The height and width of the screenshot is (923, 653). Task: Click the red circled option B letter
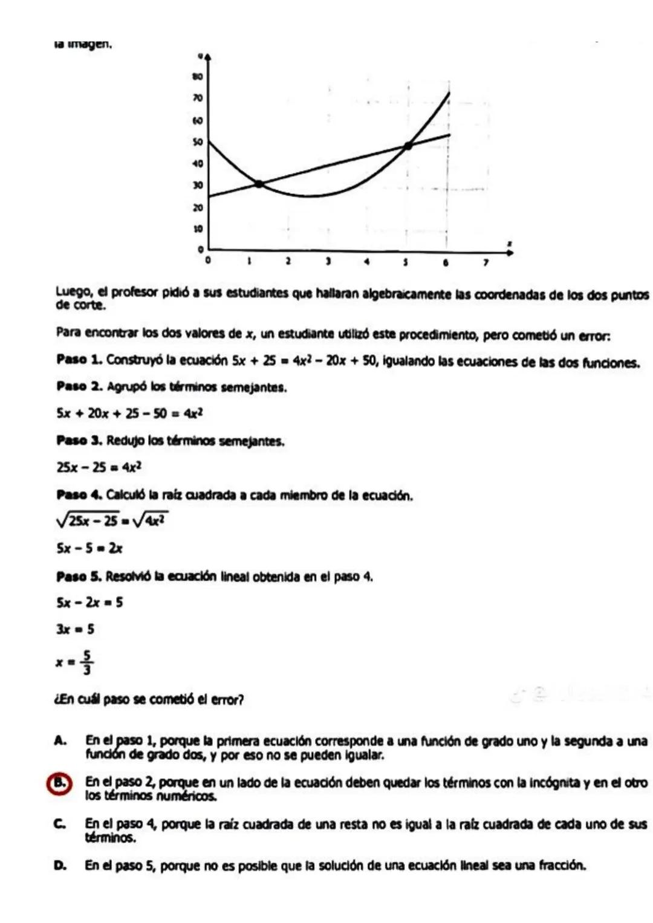pos(60,782)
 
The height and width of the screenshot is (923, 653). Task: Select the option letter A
pos(60,741)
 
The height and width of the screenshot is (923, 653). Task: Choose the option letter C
pos(60,824)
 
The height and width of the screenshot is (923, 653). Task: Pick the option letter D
pos(60,866)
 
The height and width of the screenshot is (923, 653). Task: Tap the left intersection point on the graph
pos(259,184)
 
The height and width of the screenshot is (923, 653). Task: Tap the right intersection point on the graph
pos(408,145)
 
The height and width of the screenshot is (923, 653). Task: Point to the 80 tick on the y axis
pos(197,77)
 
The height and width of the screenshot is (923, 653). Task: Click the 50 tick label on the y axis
pos(197,142)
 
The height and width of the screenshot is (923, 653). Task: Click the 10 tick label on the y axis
pos(197,229)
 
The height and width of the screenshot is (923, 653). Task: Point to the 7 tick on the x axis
pos(485,263)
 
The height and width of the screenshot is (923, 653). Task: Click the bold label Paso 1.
pos(79,360)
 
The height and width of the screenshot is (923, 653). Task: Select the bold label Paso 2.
pos(79,387)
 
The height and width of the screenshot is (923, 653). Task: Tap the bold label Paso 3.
pos(79,441)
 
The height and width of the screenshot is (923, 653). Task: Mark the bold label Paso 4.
pos(79,496)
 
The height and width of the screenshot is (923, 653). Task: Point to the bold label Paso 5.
pos(79,576)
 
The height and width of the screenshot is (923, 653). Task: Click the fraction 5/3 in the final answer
pos(87,662)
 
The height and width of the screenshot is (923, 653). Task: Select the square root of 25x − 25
pos(88,520)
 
